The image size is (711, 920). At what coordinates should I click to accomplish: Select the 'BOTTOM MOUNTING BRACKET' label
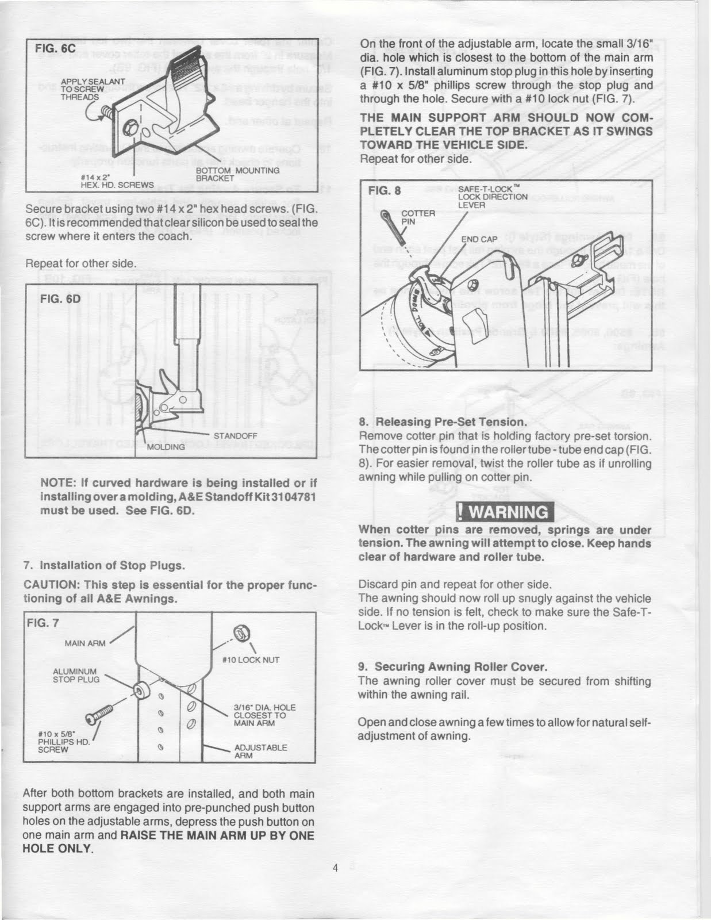[237, 174]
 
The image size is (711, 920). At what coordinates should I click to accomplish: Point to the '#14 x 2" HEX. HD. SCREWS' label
[117, 181]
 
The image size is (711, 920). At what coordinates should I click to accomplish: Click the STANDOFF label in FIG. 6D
[235, 436]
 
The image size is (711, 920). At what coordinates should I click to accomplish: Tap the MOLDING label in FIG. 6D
[166, 446]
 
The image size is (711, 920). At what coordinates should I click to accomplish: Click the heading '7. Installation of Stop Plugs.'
[104, 565]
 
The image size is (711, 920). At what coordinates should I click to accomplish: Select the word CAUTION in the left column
[50, 585]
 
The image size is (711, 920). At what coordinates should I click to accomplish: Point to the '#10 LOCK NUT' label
[251, 660]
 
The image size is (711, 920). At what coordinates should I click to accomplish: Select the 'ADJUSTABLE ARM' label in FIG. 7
[260, 752]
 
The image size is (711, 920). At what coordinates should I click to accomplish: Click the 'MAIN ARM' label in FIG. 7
[85, 643]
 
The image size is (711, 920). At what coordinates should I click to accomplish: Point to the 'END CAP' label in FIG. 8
[479, 239]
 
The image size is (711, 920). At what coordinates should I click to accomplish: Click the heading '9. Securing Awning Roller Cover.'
[452, 667]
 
